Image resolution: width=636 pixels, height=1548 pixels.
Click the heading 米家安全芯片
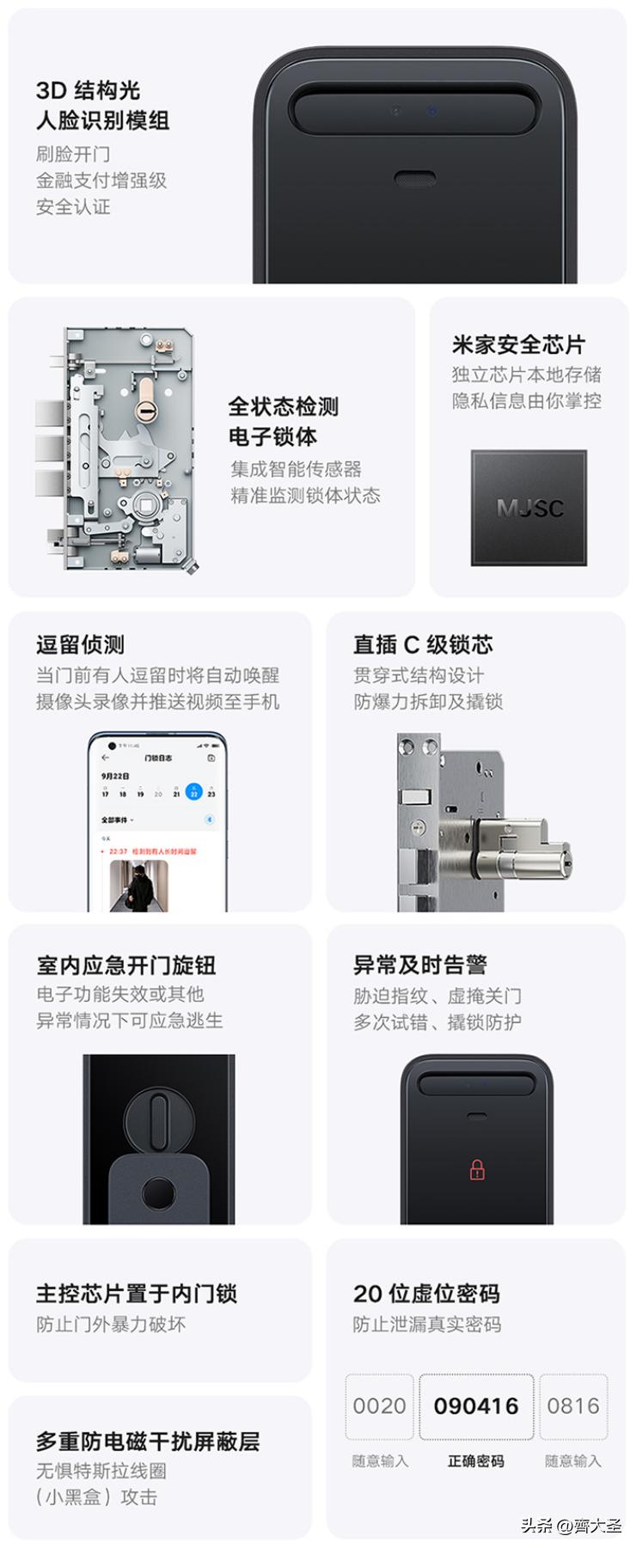tap(518, 345)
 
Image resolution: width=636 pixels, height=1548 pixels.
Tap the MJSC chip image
tap(529, 508)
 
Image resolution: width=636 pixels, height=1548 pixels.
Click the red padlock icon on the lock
tap(477, 1169)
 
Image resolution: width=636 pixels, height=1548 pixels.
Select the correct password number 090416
tap(476, 1406)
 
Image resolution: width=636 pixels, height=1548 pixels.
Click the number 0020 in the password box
tap(379, 1406)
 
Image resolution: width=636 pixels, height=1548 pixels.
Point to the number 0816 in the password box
tap(572, 1406)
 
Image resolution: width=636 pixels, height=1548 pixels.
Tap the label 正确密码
tap(476, 1461)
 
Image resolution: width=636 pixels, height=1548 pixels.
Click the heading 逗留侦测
tap(80, 645)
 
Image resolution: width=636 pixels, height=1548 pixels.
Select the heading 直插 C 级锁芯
tap(423, 645)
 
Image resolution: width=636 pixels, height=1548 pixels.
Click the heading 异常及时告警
tap(420, 966)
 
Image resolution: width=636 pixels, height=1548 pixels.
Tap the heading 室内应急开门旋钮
tap(125, 966)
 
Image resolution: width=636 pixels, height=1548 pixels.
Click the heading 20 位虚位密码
tap(426, 1294)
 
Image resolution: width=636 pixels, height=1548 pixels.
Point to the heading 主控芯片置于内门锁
tap(137, 1294)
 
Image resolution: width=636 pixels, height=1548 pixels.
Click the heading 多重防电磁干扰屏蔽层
tap(148, 1441)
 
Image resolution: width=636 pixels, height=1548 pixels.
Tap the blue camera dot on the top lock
tap(432, 111)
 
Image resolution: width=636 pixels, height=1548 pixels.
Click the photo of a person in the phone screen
tap(138, 885)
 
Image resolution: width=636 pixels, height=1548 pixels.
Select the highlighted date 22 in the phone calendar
tap(194, 792)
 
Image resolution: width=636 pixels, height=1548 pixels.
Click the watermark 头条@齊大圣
tap(571, 1526)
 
